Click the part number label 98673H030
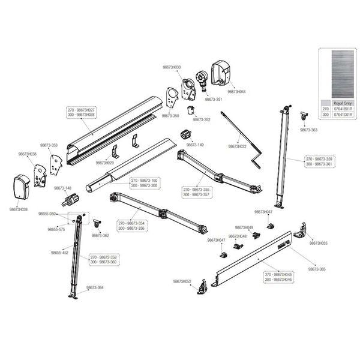click(x=172, y=68)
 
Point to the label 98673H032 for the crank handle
click(x=237, y=146)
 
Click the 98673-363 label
click(x=308, y=130)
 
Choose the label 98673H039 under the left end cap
click(x=19, y=209)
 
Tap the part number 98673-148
click(x=64, y=188)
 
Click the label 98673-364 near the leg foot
click(x=95, y=287)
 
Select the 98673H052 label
click(x=182, y=281)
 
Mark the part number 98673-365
click(x=317, y=269)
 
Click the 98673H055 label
click(x=318, y=243)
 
